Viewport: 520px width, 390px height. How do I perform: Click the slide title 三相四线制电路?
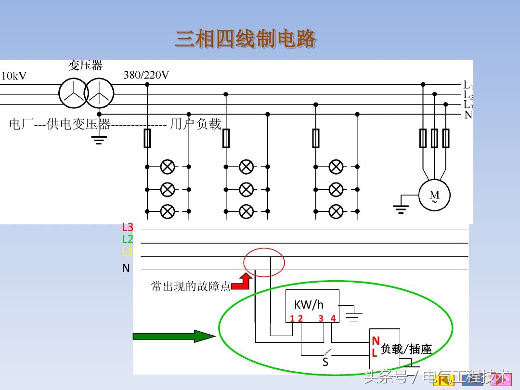[x=246, y=39]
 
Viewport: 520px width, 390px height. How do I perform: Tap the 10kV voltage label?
[x=14, y=76]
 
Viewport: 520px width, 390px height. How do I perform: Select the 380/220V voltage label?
[x=146, y=75]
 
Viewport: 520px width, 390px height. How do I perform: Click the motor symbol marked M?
[x=434, y=195]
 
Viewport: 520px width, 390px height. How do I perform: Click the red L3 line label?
[x=128, y=227]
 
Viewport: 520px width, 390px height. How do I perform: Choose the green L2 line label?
[x=128, y=239]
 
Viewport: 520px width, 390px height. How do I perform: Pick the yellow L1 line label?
[x=128, y=252]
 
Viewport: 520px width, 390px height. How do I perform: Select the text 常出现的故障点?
[x=191, y=286]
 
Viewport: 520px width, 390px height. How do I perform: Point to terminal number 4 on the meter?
[x=333, y=318]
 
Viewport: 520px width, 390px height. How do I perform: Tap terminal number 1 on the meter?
[x=292, y=318]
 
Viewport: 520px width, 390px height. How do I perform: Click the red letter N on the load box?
[x=376, y=341]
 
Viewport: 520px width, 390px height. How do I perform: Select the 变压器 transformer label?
[x=85, y=65]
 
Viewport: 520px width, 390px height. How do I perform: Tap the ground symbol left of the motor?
[x=401, y=208]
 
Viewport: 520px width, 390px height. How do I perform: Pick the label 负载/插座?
[x=406, y=349]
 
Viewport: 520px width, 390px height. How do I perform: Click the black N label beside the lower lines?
[x=126, y=268]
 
